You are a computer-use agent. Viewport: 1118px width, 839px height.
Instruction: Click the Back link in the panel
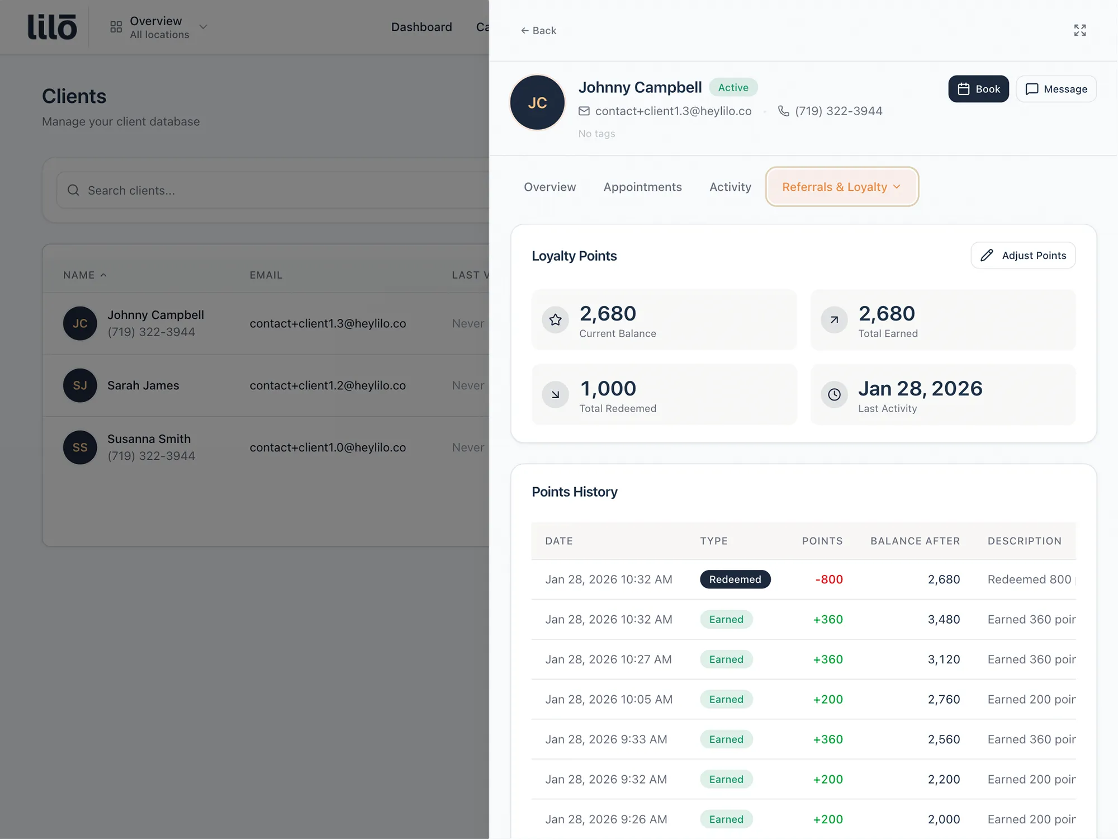click(538, 31)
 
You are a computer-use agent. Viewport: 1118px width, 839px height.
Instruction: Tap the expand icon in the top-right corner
click(1079, 30)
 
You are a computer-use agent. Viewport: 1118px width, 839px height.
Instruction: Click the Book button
click(978, 89)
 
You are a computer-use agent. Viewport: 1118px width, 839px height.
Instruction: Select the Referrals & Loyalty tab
click(841, 187)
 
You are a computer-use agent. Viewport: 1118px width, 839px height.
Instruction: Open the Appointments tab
click(642, 187)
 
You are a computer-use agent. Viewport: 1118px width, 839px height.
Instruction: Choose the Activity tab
click(730, 187)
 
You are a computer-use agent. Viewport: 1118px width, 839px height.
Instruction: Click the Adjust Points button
click(1023, 256)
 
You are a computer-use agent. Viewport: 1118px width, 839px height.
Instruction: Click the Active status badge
click(733, 88)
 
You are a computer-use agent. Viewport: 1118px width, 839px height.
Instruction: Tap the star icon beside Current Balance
click(555, 320)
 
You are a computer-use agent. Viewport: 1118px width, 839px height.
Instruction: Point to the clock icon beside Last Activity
click(834, 395)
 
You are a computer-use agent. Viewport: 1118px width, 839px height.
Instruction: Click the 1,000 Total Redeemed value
click(608, 389)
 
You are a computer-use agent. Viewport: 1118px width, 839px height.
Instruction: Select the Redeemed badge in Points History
click(735, 579)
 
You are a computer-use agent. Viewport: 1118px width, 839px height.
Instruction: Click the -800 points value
click(828, 579)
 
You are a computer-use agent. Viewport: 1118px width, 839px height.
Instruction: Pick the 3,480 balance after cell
click(944, 620)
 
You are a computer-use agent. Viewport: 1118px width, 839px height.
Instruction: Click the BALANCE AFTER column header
click(915, 541)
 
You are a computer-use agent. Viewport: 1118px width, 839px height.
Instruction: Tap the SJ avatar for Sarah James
click(80, 385)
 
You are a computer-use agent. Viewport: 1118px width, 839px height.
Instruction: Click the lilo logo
click(52, 27)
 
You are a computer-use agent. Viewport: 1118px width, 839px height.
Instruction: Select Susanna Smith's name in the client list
click(149, 439)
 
